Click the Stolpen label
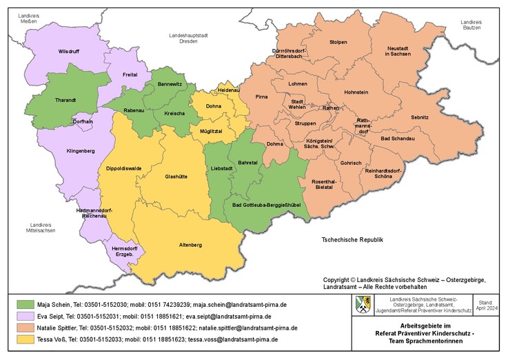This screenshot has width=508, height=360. (338, 42)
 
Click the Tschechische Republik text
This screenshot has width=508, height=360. (352, 239)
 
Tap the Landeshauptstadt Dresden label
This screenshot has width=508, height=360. (188, 38)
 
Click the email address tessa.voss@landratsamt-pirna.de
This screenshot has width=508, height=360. (234, 339)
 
